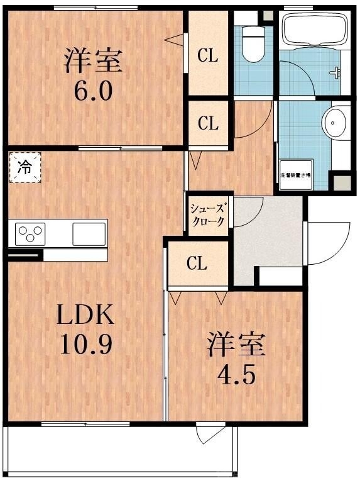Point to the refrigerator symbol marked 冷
(25, 167)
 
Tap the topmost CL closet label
(208, 56)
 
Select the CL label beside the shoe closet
(208, 123)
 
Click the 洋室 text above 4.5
(237, 345)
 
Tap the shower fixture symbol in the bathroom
(337, 72)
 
